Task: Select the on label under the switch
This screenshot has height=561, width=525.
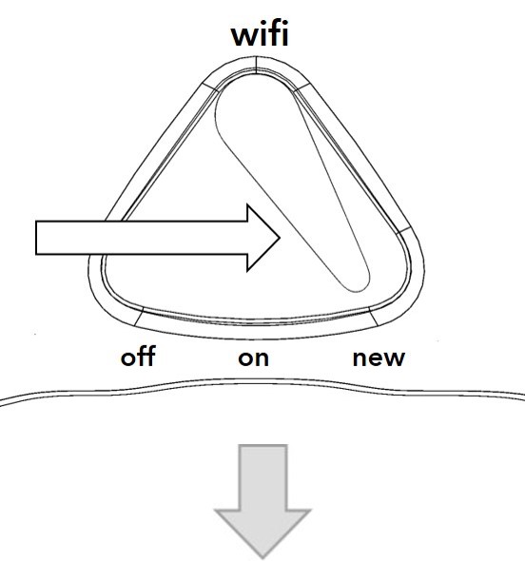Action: point(253,358)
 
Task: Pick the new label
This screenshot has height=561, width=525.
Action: point(379,358)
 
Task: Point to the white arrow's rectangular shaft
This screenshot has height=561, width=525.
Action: point(142,238)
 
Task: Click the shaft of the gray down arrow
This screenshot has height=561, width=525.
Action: point(263,477)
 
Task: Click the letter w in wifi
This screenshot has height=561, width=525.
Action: point(247,37)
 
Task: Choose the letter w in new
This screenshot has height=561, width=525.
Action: point(392,358)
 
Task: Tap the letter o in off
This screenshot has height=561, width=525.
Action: point(128,358)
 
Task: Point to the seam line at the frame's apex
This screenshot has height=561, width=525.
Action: point(256,65)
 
